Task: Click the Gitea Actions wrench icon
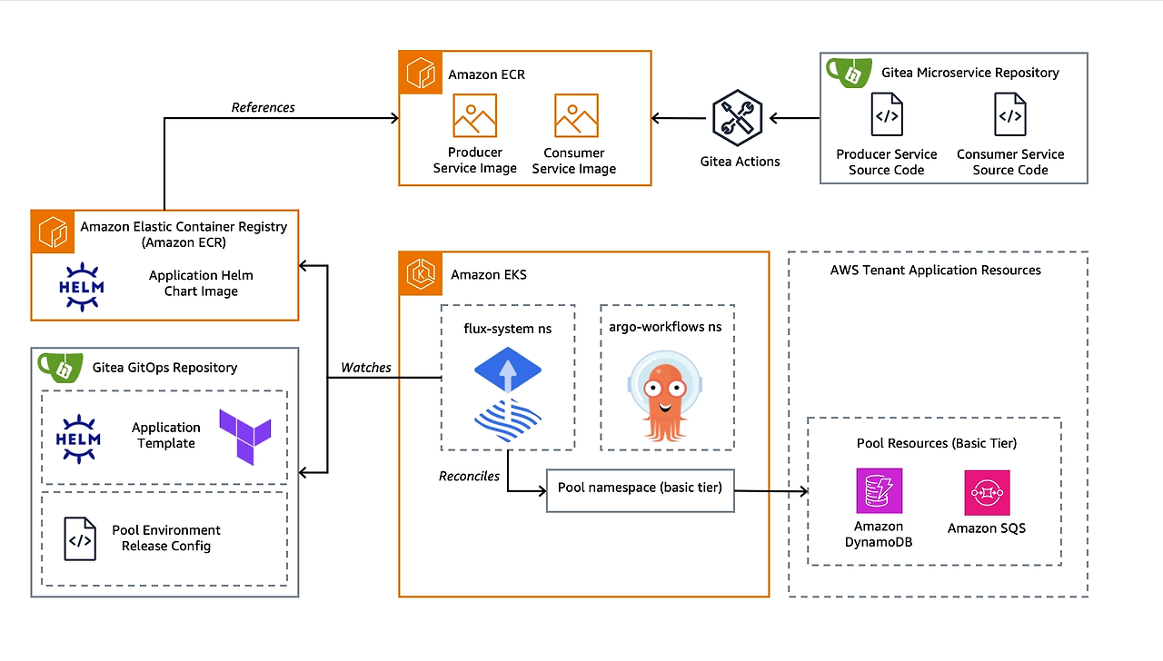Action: [737, 117]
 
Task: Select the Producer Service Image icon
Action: [474, 115]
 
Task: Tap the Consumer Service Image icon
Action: [576, 115]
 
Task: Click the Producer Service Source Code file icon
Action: [886, 115]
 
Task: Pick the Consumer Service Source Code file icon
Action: [1009, 115]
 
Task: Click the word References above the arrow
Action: [263, 107]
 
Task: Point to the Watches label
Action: [366, 368]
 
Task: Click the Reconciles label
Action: [469, 476]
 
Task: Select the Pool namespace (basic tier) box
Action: [640, 488]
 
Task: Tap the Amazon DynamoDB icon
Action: [879, 491]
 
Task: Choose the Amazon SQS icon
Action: [987, 493]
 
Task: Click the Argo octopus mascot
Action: [666, 395]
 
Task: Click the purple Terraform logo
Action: [244, 435]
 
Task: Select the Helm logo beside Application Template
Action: [80, 435]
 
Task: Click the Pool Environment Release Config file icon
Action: [80, 538]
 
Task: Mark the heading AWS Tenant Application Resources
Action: [935, 271]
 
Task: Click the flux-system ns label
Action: [507, 328]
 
